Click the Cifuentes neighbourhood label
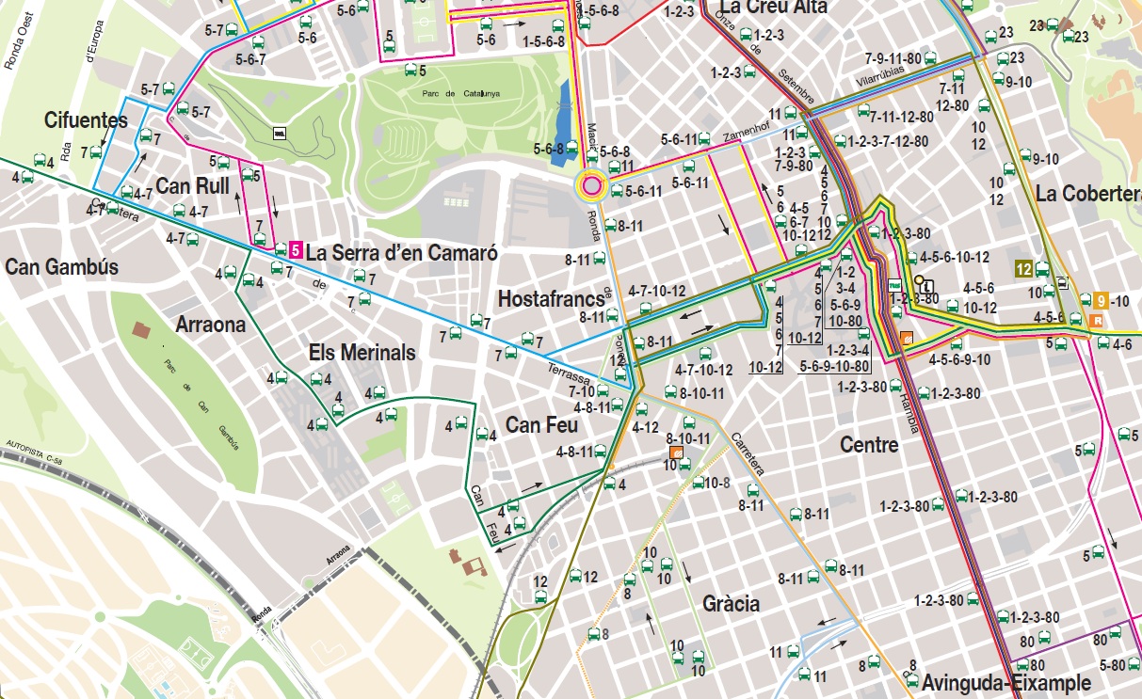(86, 120)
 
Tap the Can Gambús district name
(62, 267)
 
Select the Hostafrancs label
(551, 299)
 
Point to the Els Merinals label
(362, 353)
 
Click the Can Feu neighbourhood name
(541, 425)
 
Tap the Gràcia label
(731, 604)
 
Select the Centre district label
(869, 445)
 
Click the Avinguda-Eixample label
(1005, 682)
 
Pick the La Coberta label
(1087, 194)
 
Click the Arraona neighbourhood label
(210, 326)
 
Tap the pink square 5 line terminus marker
(296, 251)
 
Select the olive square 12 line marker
(1023, 269)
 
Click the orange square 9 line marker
(1100, 301)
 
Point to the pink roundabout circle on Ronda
(591, 186)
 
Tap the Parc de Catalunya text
(460, 93)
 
